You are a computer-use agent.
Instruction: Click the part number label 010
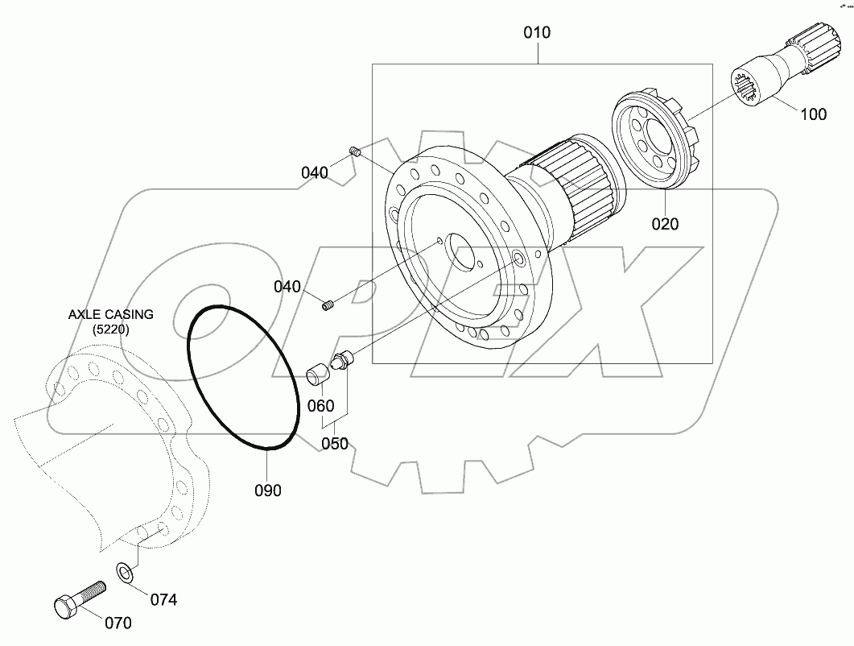coord(537,33)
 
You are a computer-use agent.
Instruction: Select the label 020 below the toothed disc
coord(665,224)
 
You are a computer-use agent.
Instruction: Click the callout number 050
coord(335,444)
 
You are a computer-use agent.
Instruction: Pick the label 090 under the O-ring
coord(267,490)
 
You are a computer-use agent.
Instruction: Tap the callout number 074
coord(163,599)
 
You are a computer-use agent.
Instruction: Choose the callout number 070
coord(117,623)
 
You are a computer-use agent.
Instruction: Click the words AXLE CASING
coord(110,314)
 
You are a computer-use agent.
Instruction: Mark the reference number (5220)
coord(110,329)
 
